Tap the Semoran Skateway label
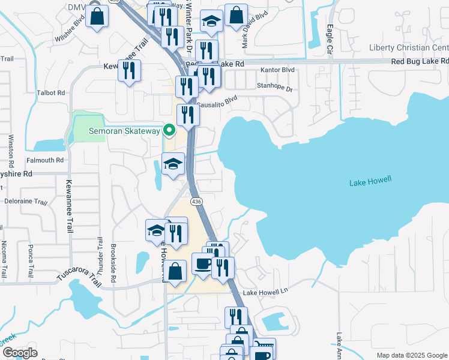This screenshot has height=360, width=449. (125, 131)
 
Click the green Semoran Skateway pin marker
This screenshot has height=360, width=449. (169, 130)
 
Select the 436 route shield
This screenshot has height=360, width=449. (197, 201)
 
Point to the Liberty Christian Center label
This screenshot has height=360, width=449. (408, 48)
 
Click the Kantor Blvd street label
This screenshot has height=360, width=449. (278, 70)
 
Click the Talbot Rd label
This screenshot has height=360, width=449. (50, 93)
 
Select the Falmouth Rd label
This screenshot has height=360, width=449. (44, 160)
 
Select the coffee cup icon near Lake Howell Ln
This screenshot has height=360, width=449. (202, 264)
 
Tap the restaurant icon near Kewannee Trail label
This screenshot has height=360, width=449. (129, 71)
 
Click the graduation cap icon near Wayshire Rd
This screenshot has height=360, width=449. (173, 164)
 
